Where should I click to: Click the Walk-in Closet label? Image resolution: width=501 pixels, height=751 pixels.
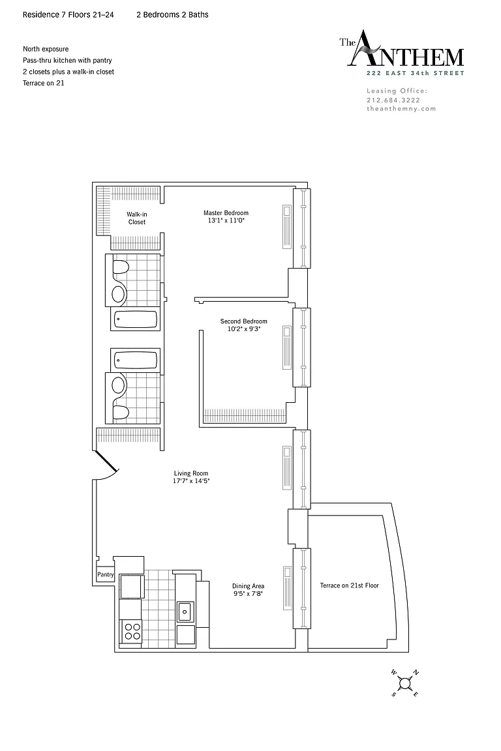pyautogui.click(x=136, y=218)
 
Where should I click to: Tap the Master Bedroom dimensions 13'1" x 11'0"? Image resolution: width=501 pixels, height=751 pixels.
pyautogui.click(x=226, y=221)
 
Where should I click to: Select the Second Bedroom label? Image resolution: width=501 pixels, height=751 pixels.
pyautogui.click(x=243, y=321)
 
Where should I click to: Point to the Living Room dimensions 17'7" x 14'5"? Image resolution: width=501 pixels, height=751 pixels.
pyautogui.click(x=191, y=481)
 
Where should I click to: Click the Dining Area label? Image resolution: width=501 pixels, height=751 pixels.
pyautogui.click(x=248, y=586)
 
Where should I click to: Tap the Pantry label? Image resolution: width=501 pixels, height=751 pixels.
pyautogui.click(x=106, y=574)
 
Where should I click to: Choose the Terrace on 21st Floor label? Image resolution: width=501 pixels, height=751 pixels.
pyautogui.click(x=350, y=585)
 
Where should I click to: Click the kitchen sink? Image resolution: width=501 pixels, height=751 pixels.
pyautogui.click(x=185, y=611)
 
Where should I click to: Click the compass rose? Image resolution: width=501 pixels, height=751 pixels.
pyautogui.click(x=405, y=683)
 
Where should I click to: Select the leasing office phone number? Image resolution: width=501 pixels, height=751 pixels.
pyautogui.click(x=393, y=100)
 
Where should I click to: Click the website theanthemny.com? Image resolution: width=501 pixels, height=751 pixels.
pyautogui.click(x=401, y=109)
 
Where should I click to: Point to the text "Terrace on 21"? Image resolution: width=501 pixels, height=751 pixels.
pyautogui.click(x=44, y=83)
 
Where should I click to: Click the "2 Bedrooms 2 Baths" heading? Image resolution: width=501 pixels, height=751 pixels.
pyautogui.click(x=173, y=15)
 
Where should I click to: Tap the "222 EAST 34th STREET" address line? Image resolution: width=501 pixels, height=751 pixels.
pyautogui.click(x=415, y=73)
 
